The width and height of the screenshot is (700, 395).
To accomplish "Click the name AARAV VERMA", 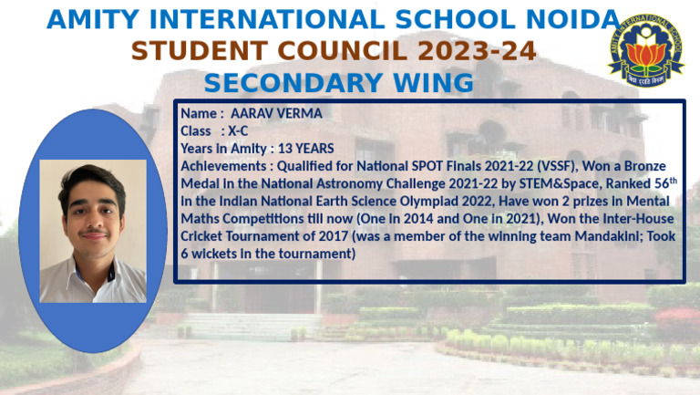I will pyautogui.click(x=276, y=113).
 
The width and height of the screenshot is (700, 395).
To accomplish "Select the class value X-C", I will pyautogui.click(x=238, y=130).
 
